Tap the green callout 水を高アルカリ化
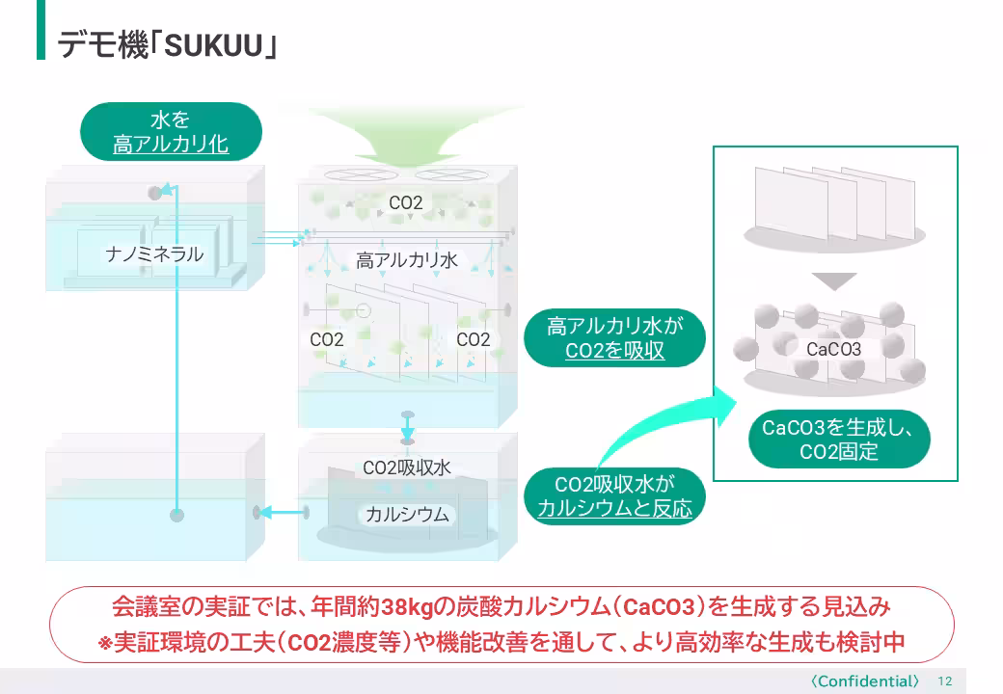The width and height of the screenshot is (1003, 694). coord(171,132)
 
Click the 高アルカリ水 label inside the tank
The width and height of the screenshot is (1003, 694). coord(406,260)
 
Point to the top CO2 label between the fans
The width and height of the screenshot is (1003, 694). coord(406,203)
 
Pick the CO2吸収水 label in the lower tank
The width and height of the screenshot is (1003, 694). coord(406,468)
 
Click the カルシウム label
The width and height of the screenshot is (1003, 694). coord(406,514)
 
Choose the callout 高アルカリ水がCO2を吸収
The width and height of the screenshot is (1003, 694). coord(614,338)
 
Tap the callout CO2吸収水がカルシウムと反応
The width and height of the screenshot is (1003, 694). coord(614,496)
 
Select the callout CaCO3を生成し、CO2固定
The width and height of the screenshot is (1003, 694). coord(838,439)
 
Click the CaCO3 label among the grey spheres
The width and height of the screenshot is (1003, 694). coord(833,349)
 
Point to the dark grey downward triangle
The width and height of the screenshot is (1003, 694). coord(833,280)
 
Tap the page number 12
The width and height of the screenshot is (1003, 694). coord(944,681)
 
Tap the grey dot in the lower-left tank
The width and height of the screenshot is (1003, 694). coord(176,514)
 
